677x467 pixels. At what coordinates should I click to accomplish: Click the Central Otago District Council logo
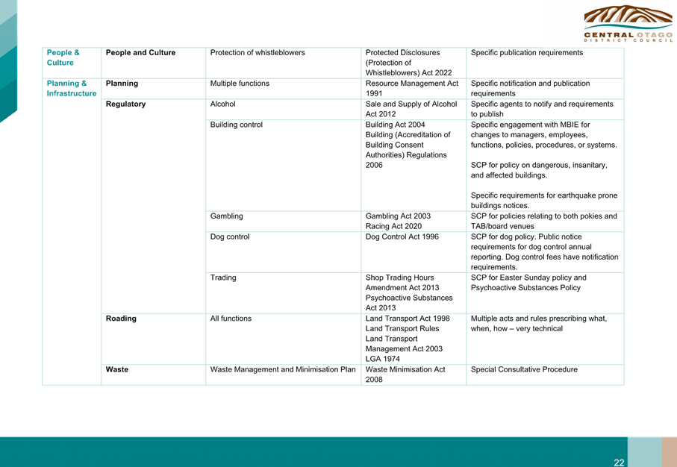tap(628, 24)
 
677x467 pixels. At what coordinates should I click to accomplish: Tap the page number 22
tap(619, 463)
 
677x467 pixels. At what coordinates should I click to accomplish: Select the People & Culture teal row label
tap(63, 57)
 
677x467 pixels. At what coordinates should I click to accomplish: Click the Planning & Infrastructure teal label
tap(71, 88)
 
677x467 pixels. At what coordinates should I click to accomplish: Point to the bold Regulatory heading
tap(125, 104)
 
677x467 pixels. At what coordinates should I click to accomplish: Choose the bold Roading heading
tap(121, 318)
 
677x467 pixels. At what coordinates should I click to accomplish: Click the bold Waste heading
tap(117, 369)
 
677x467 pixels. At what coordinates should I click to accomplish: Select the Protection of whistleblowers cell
tap(258, 53)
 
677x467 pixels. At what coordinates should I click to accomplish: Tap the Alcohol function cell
tap(222, 104)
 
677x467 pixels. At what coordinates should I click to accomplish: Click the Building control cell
tap(236, 125)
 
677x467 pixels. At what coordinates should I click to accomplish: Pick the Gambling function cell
tap(227, 216)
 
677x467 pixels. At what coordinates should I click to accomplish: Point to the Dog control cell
tap(230, 237)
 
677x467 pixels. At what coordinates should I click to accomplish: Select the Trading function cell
tap(223, 278)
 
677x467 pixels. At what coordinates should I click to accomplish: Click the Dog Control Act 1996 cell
tap(402, 236)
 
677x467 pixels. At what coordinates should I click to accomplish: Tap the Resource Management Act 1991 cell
tap(412, 88)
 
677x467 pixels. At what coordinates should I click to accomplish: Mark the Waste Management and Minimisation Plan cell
tap(283, 369)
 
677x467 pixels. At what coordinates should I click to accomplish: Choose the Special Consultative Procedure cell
tap(524, 369)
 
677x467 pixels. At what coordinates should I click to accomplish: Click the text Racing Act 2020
tap(394, 226)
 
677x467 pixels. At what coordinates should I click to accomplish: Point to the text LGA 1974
tap(383, 359)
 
